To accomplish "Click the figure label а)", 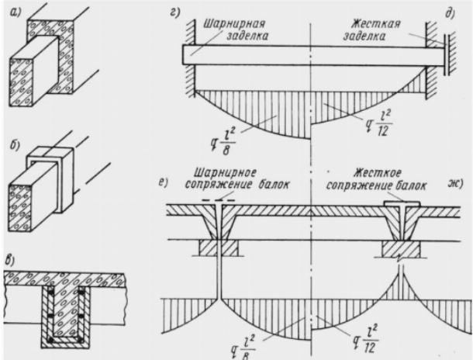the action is [15, 12].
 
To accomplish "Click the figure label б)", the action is [15, 145].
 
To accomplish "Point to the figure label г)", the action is [174, 12].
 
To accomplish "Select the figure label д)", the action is [450, 14].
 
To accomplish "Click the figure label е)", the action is [163, 183].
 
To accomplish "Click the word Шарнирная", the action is [234, 25].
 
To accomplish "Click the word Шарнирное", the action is [225, 174].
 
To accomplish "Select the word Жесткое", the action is [378, 173].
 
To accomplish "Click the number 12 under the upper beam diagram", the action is [383, 131].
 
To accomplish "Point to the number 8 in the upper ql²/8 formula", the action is [226, 150].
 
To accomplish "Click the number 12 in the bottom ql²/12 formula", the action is [369, 348].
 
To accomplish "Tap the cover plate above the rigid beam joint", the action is [402, 204].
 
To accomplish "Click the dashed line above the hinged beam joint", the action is [219, 199].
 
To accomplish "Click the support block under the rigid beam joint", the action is [402, 249].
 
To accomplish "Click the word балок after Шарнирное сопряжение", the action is [273, 185].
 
